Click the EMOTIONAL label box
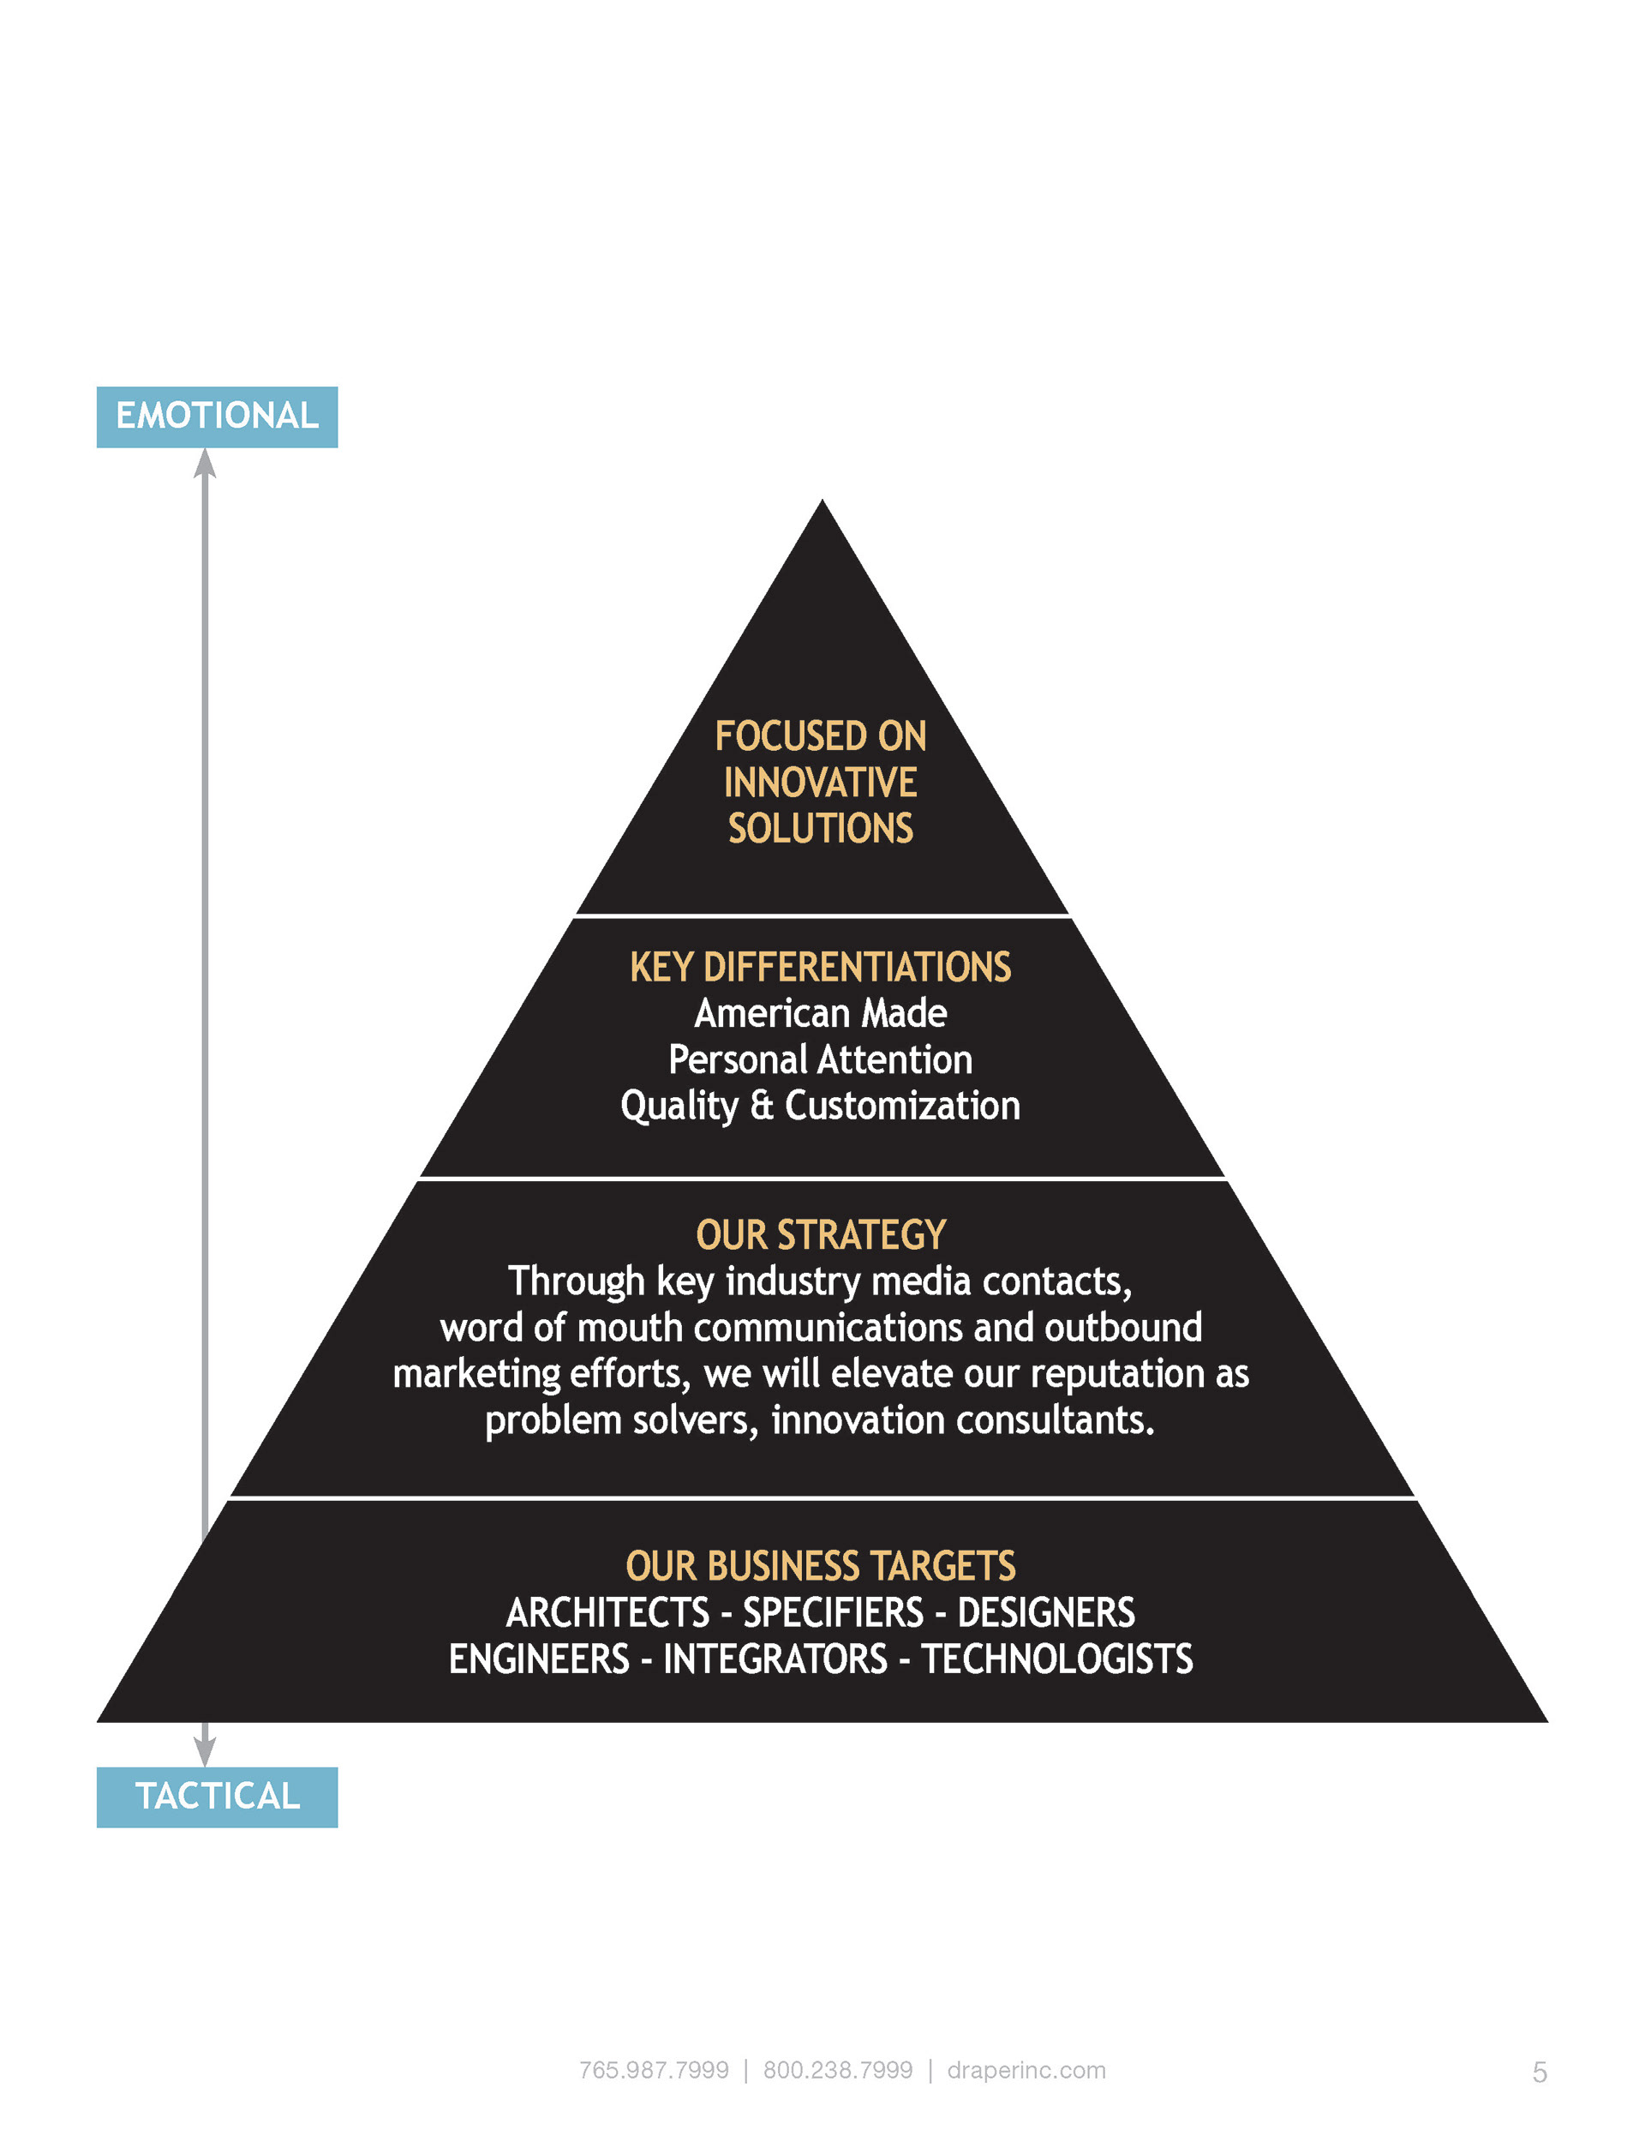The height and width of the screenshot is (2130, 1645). click(217, 417)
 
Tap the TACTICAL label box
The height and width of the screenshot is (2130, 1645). click(217, 1797)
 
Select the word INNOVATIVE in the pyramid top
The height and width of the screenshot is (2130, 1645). click(820, 783)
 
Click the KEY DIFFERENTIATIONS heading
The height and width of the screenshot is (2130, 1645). click(820, 968)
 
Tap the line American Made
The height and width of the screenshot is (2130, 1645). click(820, 1013)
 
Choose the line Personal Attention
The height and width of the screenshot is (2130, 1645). click(820, 1059)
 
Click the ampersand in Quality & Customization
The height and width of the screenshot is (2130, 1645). click(762, 1106)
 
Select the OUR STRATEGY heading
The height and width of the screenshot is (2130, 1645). click(820, 1234)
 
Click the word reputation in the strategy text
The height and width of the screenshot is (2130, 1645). click(1117, 1374)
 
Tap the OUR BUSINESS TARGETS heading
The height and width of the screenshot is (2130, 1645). click(820, 1566)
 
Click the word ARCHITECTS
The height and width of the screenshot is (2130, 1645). click(607, 1613)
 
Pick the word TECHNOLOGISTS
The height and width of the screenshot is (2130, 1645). click(1057, 1659)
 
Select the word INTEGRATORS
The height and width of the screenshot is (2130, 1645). click(775, 1659)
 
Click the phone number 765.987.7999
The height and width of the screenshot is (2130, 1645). click(654, 2069)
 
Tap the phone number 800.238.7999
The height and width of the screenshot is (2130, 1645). click(838, 2069)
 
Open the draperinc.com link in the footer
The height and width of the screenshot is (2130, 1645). click(1026, 2069)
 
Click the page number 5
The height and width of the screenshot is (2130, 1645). click(1539, 2073)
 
